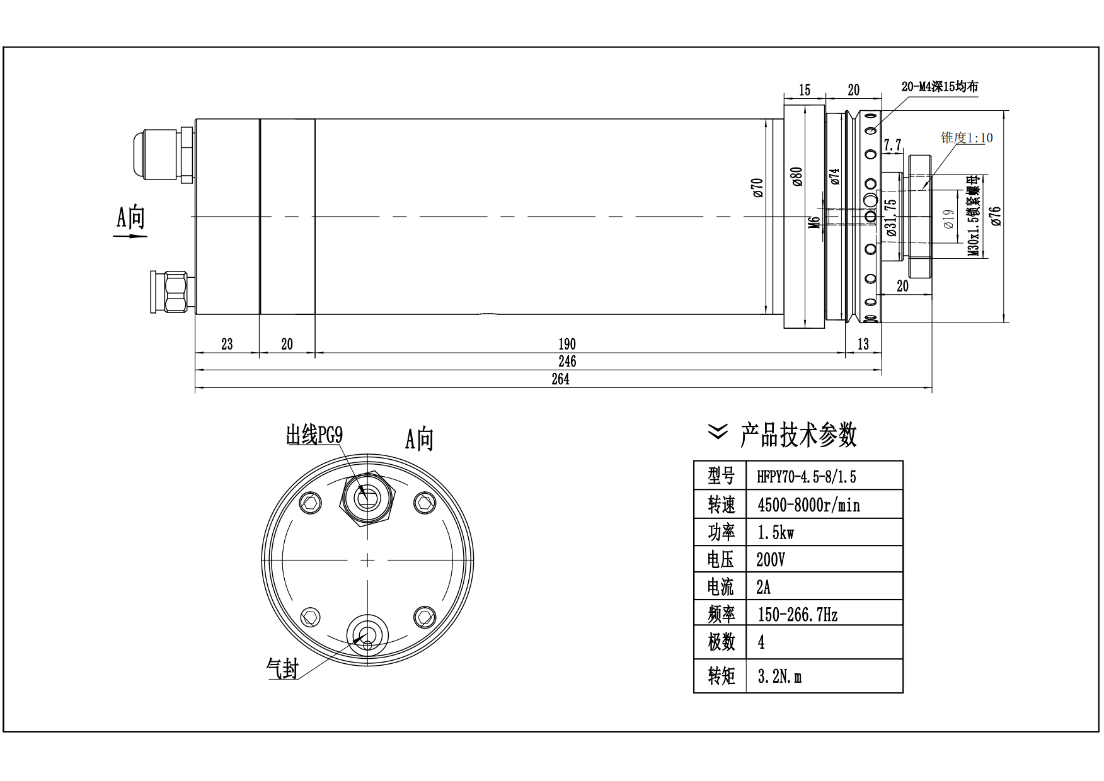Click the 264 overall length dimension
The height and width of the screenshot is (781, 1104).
[x=560, y=379]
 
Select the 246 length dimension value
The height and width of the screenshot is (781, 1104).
[x=566, y=361]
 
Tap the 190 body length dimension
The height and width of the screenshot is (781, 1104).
[x=566, y=344]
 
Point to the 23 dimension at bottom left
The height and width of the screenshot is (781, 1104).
[x=227, y=344]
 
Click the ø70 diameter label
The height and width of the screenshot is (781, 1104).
[x=757, y=188]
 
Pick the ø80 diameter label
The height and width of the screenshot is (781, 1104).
[x=797, y=176]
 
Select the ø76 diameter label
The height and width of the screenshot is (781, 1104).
[x=995, y=216]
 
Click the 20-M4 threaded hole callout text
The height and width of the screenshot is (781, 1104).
[x=940, y=87]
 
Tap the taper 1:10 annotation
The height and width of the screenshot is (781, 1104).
[x=967, y=137]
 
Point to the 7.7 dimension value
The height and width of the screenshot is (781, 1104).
[x=892, y=145]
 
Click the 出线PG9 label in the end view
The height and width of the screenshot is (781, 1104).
[x=314, y=435]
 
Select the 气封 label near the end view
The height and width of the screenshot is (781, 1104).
[x=282, y=668]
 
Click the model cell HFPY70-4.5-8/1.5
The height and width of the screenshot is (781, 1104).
[x=807, y=477]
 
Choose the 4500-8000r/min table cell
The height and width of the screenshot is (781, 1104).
[x=808, y=505]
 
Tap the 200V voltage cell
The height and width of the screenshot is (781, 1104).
[x=771, y=559]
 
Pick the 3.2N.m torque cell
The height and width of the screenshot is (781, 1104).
[x=779, y=676]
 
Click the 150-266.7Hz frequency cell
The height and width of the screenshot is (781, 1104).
[x=797, y=614]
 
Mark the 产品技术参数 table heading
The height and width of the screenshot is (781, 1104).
[x=798, y=435]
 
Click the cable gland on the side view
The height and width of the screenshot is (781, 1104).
[x=161, y=154]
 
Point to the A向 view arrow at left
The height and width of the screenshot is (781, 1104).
[x=130, y=224]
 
